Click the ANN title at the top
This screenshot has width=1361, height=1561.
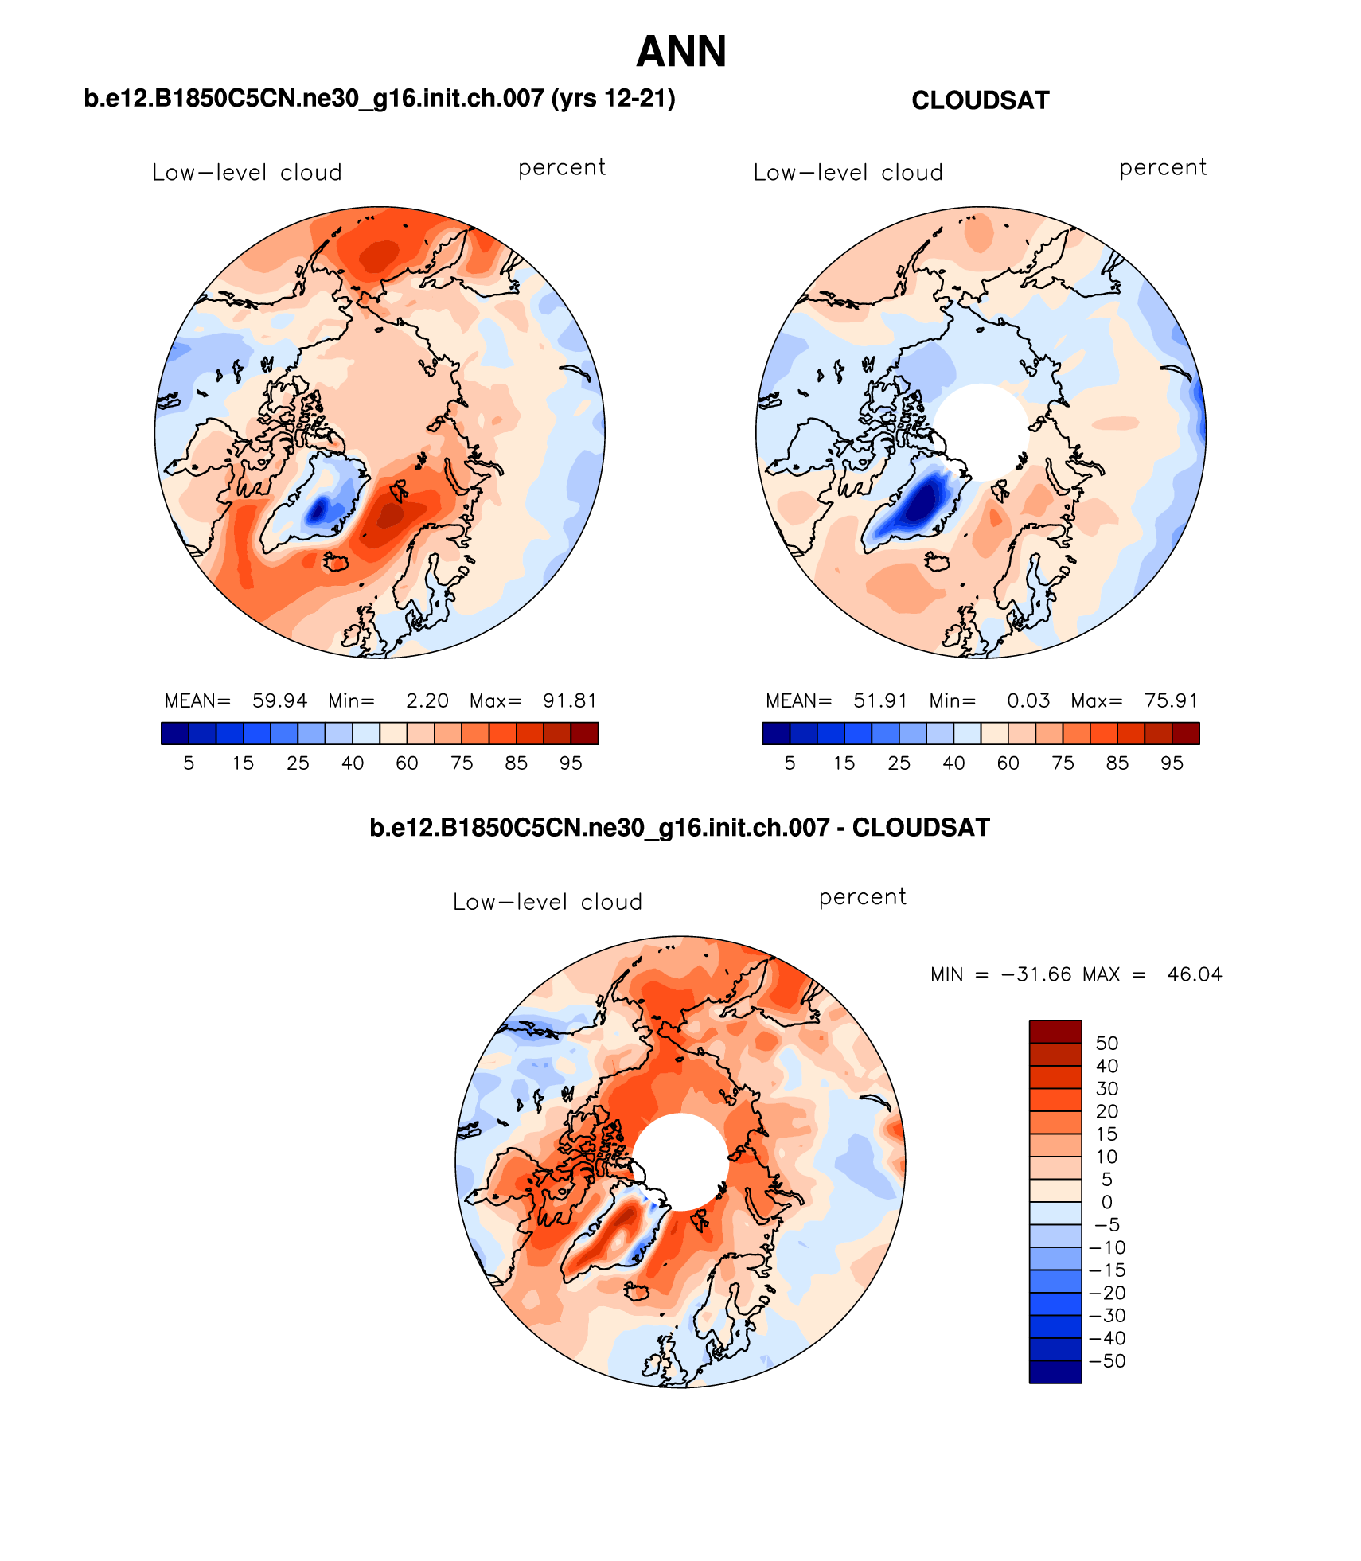pyautogui.click(x=681, y=52)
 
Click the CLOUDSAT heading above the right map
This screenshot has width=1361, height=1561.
pyautogui.click(x=980, y=100)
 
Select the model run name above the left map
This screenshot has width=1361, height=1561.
pyautogui.click(x=379, y=98)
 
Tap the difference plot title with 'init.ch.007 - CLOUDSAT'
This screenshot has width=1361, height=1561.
pyautogui.click(x=680, y=827)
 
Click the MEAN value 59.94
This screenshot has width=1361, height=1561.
pyautogui.click(x=279, y=700)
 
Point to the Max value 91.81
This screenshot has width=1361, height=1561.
pyautogui.click(x=569, y=700)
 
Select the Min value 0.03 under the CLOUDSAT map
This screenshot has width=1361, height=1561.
pyautogui.click(x=1028, y=700)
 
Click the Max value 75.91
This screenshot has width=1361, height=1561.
pyautogui.click(x=1171, y=700)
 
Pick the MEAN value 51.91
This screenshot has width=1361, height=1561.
pyautogui.click(x=880, y=700)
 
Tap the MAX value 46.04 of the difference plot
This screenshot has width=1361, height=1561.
pyautogui.click(x=1194, y=974)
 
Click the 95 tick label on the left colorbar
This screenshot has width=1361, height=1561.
pyautogui.click(x=571, y=763)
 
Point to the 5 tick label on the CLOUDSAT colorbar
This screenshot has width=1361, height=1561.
pyautogui.click(x=790, y=763)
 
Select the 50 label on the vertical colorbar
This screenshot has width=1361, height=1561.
pyautogui.click(x=1106, y=1043)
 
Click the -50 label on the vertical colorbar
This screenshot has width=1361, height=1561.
pyautogui.click(x=1107, y=1360)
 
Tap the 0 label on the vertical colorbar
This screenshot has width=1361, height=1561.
pyautogui.click(x=1106, y=1201)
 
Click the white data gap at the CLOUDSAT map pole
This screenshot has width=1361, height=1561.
pyautogui.click(x=981, y=430)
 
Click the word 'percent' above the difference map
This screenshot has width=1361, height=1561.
pyautogui.click(x=862, y=897)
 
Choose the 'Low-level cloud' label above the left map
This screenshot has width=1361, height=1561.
pyautogui.click(x=247, y=173)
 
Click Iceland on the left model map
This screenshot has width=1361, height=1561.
pyautogui.click(x=336, y=563)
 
